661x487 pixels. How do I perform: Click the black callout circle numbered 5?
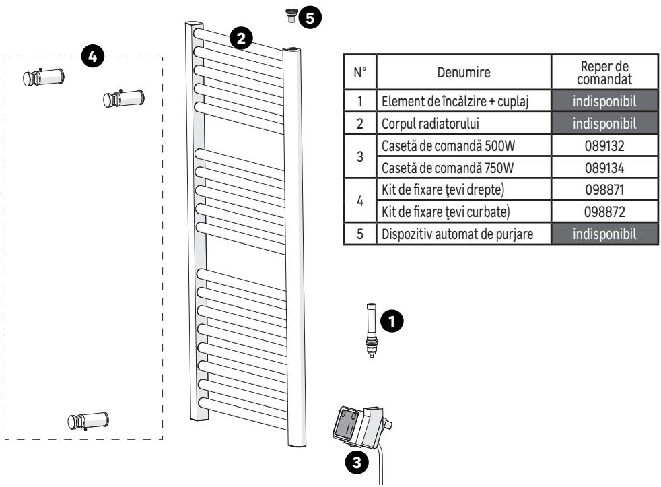310,18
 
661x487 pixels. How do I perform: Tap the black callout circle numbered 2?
241,38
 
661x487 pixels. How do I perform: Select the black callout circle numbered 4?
93,56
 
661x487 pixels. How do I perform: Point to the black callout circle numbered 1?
392,321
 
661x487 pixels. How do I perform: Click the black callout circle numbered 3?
357,463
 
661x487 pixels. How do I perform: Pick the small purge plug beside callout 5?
291,15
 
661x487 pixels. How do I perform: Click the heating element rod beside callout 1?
372,330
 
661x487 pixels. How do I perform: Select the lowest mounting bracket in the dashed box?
88,421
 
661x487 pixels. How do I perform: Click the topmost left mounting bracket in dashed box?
44,77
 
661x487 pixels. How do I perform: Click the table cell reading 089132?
604,145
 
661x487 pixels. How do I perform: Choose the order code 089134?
604,168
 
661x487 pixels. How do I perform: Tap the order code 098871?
604,190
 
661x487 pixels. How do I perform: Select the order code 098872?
604,212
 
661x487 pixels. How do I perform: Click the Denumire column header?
464,72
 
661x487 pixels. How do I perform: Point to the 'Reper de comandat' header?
604,73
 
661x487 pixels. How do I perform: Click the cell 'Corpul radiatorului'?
464,123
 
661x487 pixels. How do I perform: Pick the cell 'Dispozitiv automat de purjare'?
464,234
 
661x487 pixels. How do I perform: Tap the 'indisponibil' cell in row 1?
604,101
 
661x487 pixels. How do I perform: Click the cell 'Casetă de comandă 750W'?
464,168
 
